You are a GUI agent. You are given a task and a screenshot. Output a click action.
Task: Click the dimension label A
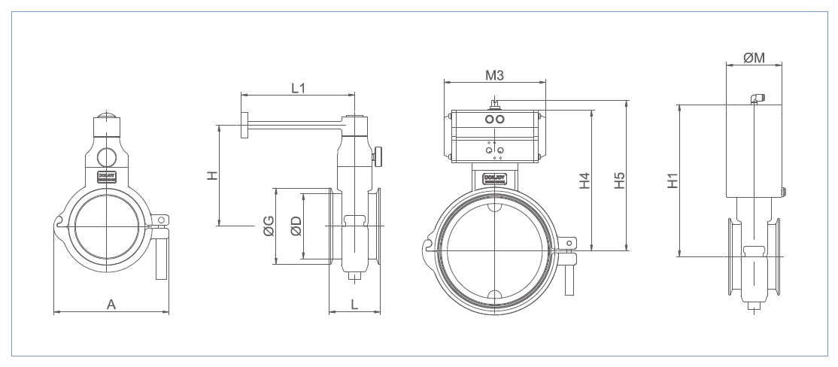pyautogui.click(x=111, y=304)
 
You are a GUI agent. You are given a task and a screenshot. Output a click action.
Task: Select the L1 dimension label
pyautogui.click(x=298, y=88)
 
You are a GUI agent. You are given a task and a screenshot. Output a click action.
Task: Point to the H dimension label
pyautogui.click(x=213, y=175)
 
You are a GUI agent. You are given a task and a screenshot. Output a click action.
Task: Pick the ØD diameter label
pyautogui.click(x=296, y=226)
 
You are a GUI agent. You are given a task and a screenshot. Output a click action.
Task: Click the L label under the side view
pyautogui.click(x=354, y=304)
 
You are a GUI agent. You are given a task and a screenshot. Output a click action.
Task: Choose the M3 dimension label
pyautogui.click(x=494, y=75)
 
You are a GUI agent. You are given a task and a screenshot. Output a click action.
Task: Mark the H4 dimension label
pyautogui.click(x=584, y=181)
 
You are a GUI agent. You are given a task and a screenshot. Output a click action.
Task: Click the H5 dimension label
pyautogui.click(x=619, y=181)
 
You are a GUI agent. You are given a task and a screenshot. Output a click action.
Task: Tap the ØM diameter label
pyautogui.click(x=754, y=58)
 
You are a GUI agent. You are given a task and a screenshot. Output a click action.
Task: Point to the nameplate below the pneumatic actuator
pyautogui.click(x=494, y=178)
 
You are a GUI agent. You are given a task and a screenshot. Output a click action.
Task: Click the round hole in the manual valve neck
pyautogui.click(x=107, y=156)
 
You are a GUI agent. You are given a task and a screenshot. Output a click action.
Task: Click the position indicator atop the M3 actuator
pyautogui.click(x=494, y=102)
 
